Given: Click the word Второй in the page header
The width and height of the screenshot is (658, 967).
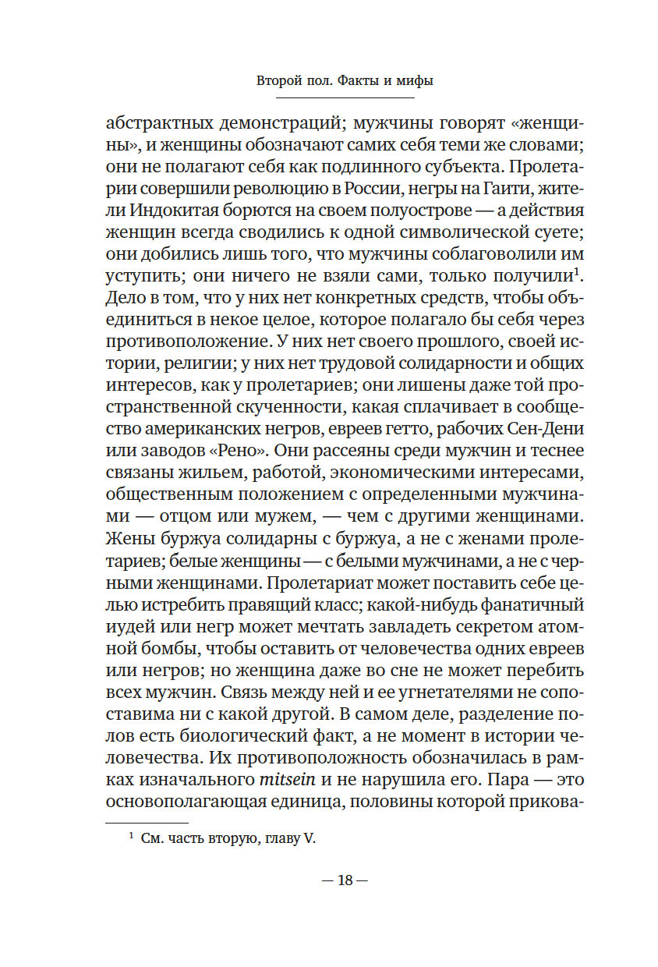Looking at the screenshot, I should coord(280,80).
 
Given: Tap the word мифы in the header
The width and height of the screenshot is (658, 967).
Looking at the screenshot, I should coord(414,80).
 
